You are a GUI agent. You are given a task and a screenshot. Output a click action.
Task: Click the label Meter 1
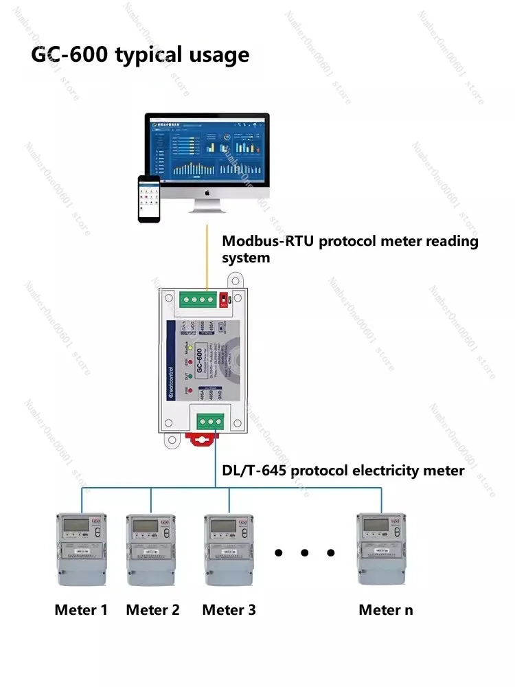[x=81, y=609]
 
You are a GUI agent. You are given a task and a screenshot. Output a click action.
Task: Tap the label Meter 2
[x=153, y=609]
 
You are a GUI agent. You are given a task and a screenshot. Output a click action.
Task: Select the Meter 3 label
[x=229, y=609]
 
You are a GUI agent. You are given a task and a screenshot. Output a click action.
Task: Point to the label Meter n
[x=386, y=609]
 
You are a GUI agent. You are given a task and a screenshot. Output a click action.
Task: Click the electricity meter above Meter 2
[x=152, y=549]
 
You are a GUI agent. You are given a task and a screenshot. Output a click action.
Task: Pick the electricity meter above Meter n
[x=381, y=549]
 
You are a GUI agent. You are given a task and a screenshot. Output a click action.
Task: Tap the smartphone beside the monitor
[x=149, y=199]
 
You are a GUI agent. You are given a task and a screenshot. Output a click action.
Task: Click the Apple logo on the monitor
[x=207, y=192]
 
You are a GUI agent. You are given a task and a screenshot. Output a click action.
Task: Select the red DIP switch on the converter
[x=225, y=300]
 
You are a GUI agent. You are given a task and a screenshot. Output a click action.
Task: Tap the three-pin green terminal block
[x=210, y=420]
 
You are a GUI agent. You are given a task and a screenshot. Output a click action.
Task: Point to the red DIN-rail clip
[x=203, y=440]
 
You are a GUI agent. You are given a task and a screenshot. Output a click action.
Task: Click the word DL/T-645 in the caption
[x=250, y=471]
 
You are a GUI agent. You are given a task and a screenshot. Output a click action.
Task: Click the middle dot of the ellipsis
[x=305, y=552]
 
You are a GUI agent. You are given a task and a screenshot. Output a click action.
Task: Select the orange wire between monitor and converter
[x=207, y=254]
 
